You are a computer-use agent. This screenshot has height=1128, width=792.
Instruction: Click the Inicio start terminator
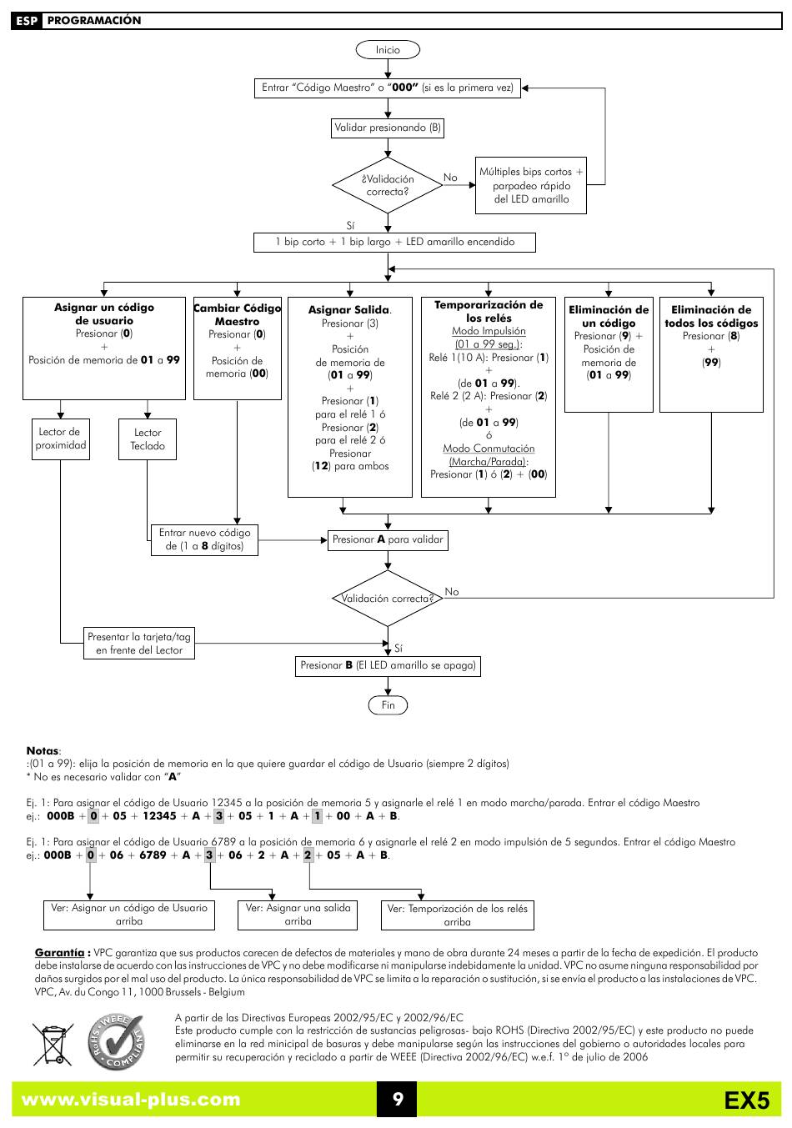(x=387, y=50)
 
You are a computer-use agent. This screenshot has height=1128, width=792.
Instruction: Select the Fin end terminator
(x=388, y=705)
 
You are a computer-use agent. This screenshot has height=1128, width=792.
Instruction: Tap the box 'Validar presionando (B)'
(x=387, y=128)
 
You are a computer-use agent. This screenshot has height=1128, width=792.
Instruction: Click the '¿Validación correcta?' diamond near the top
(x=387, y=185)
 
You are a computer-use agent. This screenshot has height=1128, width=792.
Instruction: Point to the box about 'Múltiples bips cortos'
(x=531, y=185)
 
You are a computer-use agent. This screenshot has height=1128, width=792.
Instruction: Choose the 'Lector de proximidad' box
(x=60, y=439)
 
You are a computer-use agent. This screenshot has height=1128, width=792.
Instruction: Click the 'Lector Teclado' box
(x=148, y=439)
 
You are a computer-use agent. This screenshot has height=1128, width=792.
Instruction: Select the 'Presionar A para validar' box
(x=388, y=540)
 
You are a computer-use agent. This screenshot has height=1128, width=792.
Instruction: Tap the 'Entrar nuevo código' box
(x=204, y=540)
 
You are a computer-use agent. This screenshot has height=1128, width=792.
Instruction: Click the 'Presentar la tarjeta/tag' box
(x=139, y=643)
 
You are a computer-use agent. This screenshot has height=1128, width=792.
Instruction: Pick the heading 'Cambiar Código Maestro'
(x=237, y=315)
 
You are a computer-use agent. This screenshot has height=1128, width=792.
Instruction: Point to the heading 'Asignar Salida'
(x=349, y=310)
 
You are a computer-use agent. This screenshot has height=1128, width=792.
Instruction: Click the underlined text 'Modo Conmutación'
(x=489, y=449)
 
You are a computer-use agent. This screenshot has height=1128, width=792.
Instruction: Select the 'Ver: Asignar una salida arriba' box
(x=298, y=915)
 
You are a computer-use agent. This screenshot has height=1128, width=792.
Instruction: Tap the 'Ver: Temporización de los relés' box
(x=457, y=915)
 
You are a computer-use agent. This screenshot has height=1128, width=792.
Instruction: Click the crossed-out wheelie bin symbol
(x=53, y=1044)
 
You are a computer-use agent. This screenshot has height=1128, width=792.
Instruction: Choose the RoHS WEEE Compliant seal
(x=117, y=1041)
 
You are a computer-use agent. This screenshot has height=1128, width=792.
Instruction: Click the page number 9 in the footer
(x=398, y=1099)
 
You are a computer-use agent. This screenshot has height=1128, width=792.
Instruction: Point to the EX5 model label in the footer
(x=747, y=1100)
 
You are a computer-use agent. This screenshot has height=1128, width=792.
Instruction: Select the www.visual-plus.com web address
(x=131, y=1100)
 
